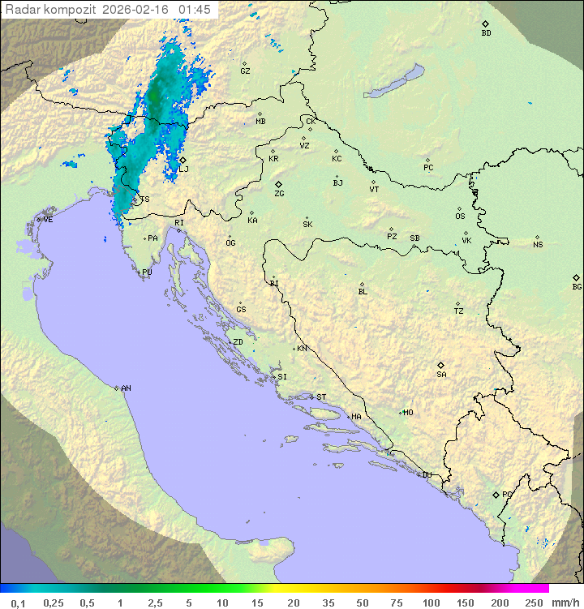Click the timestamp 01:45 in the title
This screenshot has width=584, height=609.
[195, 10]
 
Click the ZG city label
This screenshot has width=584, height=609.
[279, 195]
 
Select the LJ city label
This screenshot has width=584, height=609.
[184, 169]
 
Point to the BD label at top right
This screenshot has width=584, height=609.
[486, 33]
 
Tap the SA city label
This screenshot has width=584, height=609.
[441, 375]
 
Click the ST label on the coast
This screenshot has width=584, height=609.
[321, 397]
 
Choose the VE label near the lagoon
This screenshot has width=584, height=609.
[48, 220]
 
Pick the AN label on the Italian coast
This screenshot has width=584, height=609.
[126, 389]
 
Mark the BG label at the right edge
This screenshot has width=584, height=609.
[577, 287]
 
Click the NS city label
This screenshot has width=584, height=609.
[538, 245]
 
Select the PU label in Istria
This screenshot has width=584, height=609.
[147, 273]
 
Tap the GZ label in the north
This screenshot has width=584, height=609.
[245, 71]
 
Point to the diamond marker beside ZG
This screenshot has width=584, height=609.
[278, 185]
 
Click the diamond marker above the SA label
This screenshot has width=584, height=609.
[441, 365]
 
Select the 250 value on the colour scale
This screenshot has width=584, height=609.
[534, 603]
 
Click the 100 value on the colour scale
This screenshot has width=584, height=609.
[431, 603]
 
